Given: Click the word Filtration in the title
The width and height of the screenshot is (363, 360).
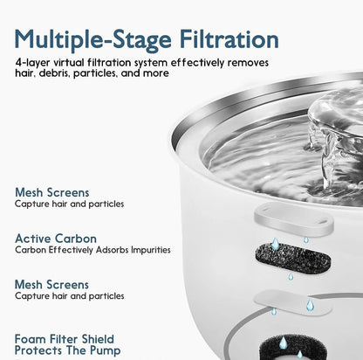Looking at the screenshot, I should [225, 39].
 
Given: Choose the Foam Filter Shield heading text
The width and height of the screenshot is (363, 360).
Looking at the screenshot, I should [64, 339].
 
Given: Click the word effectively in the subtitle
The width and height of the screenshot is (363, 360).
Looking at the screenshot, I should [216, 65].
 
